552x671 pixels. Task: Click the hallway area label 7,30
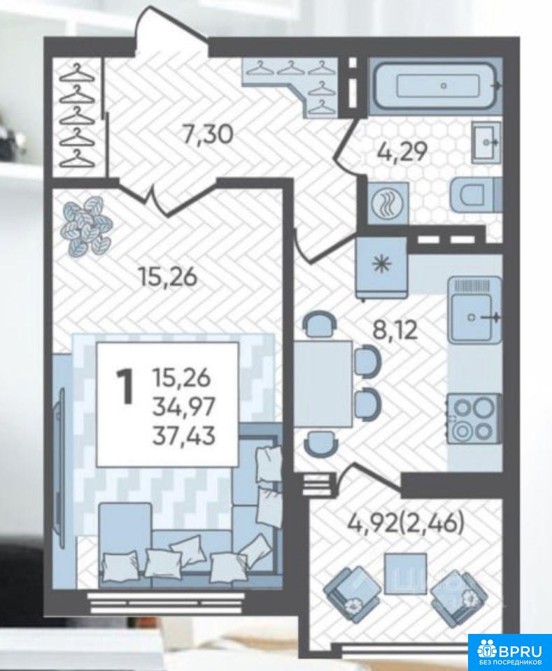coord(207,134)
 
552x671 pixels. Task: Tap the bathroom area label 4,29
coord(402,152)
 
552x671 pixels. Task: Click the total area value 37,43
coord(184,436)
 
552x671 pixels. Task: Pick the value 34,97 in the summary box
coord(183,407)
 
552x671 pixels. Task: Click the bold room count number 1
coord(126,387)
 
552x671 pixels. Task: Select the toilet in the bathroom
coord(475,195)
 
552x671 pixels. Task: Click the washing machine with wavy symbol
coord(388,203)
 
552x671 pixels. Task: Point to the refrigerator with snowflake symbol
coord(381,267)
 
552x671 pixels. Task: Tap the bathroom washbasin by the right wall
coord(486,142)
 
